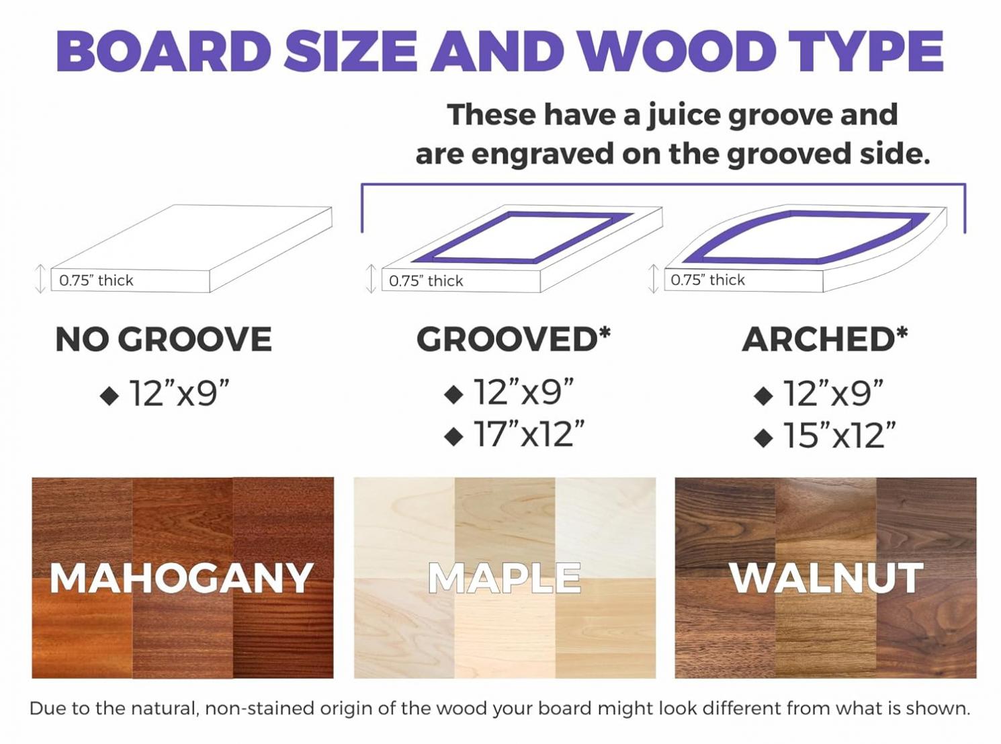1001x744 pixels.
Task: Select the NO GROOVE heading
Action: tap(163, 339)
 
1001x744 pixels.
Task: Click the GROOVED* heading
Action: tap(513, 339)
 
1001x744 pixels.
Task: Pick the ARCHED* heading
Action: tap(825, 339)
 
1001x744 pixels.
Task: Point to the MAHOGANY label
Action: tap(181, 578)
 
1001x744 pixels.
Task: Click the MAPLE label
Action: tap(505, 578)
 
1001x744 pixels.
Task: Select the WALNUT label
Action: tap(827, 578)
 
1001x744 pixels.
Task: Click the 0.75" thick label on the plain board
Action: tap(97, 280)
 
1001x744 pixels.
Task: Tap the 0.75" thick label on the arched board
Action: tap(707, 280)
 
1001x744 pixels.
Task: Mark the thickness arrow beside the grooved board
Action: tap(371, 279)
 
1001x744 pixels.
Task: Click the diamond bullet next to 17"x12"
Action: tap(453, 436)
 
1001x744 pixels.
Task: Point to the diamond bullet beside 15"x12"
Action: tap(763, 438)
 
